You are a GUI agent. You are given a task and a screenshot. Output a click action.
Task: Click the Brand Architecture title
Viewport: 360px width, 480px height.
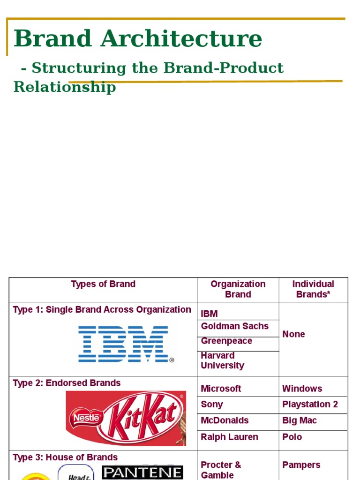pyautogui.click(x=138, y=38)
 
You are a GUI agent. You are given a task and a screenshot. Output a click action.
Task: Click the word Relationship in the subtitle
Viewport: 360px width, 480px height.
pyautogui.click(x=65, y=87)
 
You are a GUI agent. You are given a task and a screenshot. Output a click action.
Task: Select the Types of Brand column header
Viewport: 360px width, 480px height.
pyautogui.click(x=103, y=284)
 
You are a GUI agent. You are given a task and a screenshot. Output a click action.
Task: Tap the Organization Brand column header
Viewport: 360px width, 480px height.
pyautogui.click(x=238, y=289)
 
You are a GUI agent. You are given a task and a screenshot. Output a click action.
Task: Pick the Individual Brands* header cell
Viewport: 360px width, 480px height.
pyautogui.click(x=313, y=289)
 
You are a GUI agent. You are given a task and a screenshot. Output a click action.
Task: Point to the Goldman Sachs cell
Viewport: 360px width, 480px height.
pyautogui.click(x=235, y=326)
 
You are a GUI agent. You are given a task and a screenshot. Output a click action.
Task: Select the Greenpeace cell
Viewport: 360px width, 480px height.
pyautogui.click(x=226, y=341)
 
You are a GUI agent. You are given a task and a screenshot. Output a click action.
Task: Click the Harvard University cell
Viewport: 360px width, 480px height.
pyautogui.click(x=223, y=360)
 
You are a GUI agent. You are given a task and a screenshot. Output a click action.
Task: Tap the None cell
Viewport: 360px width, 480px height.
pyautogui.click(x=293, y=334)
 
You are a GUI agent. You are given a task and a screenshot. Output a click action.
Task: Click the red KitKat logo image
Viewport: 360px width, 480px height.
pyautogui.click(x=126, y=418)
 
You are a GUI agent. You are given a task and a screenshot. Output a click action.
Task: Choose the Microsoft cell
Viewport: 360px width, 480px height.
pyautogui.click(x=221, y=389)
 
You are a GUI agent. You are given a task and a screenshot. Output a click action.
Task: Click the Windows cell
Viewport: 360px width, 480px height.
pyautogui.click(x=302, y=389)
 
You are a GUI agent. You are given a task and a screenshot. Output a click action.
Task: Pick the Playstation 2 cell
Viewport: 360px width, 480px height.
pyautogui.click(x=310, y=405)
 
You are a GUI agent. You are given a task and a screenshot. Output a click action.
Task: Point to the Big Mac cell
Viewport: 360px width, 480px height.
pyautogui.click(x=300, y=420)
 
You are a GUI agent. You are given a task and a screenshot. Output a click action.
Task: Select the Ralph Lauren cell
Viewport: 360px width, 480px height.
pyautogui.click(x=230, y=437)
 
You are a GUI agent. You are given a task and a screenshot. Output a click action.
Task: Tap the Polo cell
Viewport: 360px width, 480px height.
pyautogui.click(x=292, y=437)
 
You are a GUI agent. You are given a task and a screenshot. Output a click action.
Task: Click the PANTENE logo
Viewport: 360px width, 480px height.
pyautogui.click(x=142, y=472)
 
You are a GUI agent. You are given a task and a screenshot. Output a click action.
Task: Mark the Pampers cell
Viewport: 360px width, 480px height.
pyautogui.click(x=301, y=465)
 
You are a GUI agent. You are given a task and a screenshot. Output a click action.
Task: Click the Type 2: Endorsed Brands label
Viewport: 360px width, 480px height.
pyautogui.click(x=67, y=383)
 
